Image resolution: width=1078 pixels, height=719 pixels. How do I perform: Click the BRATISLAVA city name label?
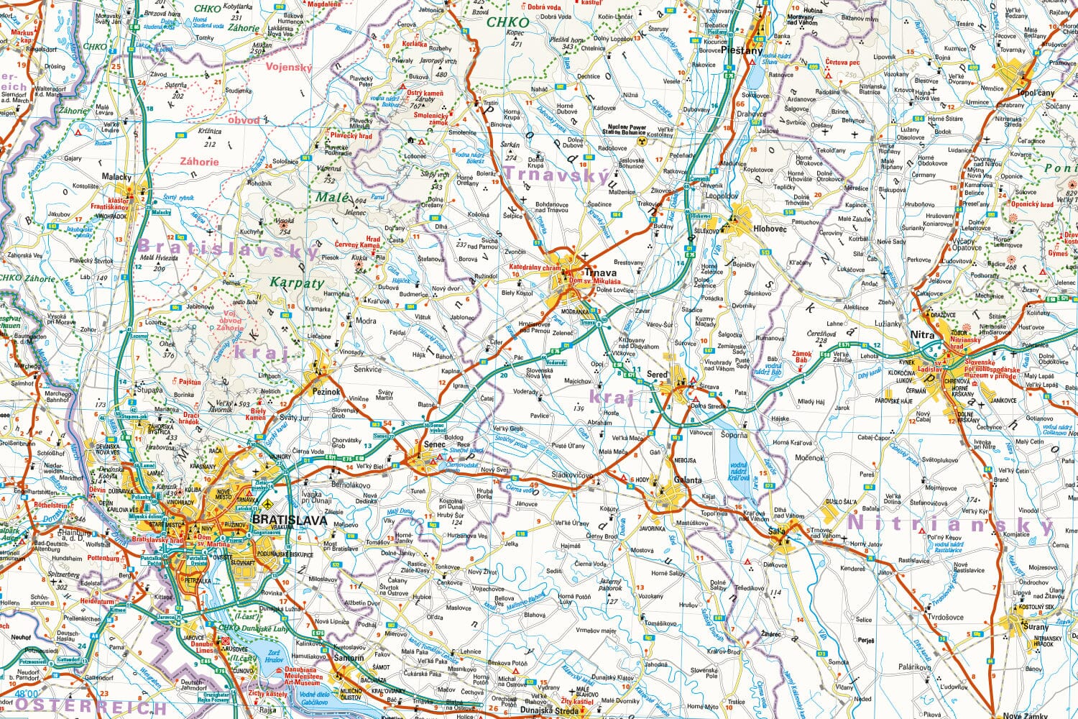[289, 520]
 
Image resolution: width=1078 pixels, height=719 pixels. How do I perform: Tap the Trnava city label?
[600, 273]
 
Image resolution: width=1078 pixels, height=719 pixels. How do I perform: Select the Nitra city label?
[922, 335]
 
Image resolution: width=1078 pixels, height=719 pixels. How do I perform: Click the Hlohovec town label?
[771, 228]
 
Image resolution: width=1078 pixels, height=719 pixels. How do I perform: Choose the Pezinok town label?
[326, 393]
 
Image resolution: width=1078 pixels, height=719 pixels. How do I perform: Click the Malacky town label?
[117, 177]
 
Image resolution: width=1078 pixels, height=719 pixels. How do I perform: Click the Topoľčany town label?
[1035, 93]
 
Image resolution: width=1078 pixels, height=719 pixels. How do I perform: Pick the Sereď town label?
[657, 375]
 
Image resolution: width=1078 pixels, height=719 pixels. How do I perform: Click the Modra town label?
[365, 321]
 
